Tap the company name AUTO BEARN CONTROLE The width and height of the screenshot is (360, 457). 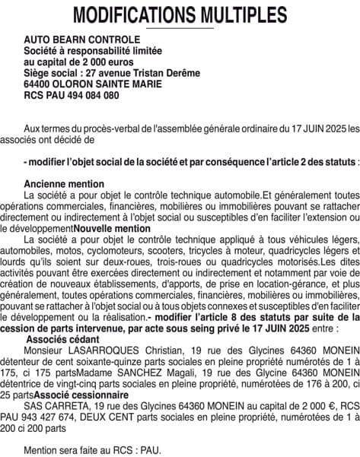[x=82, y=40]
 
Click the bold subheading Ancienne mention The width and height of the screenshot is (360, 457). [x=64, y=184]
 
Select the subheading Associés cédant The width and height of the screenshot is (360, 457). [x=63, y=338]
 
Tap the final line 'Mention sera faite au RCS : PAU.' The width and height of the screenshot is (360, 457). [x=92, y=450]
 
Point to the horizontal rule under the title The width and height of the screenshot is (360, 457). [x=180, y=28]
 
